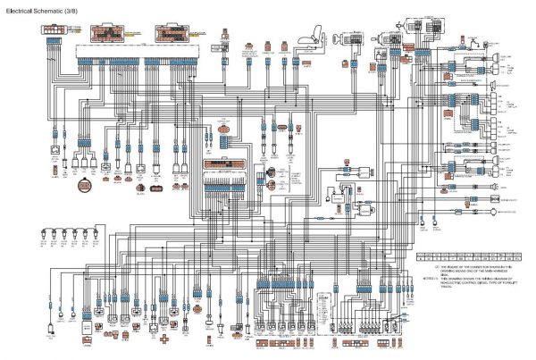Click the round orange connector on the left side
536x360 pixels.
pos(84,185)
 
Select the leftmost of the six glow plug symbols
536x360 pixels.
pos(44,237)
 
